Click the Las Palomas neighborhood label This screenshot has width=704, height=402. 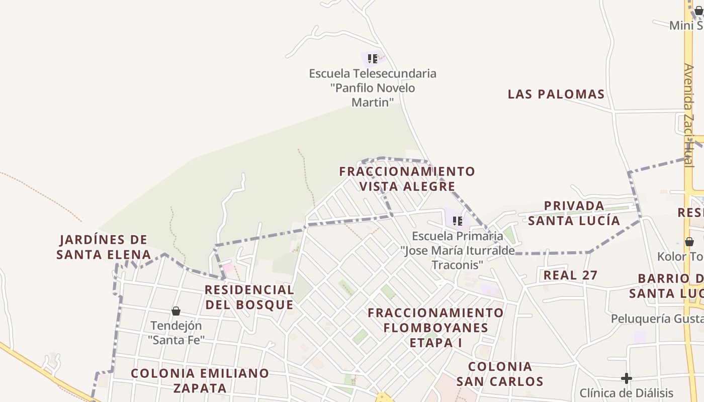tap(556, 94)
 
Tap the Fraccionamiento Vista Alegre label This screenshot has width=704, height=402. tap(407, 179)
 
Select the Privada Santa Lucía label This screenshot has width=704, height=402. tap(574, 213)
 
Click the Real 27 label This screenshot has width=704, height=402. tap(570, 275)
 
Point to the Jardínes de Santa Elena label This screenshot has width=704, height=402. tap(103, 247)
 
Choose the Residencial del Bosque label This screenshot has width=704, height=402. tap(249, 297)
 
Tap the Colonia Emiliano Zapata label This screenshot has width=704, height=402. tap(200, 380)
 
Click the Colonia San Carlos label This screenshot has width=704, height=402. tap(500, 373)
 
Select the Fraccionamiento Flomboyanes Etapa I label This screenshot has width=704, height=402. tap(435, 327)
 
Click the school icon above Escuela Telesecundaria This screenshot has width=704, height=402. tap(372, 59)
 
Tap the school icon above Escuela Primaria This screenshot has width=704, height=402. tap(457, 221)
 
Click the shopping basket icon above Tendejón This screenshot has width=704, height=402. tap(176, 311)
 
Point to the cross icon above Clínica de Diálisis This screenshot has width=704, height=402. tap(626, 378)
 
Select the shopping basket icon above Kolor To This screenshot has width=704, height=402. tap(689, 242)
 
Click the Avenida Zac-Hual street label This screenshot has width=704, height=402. tap(688, 116)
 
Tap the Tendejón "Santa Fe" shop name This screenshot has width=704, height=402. tap(176, 333)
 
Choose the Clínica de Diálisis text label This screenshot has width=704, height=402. tap(626, 393)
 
